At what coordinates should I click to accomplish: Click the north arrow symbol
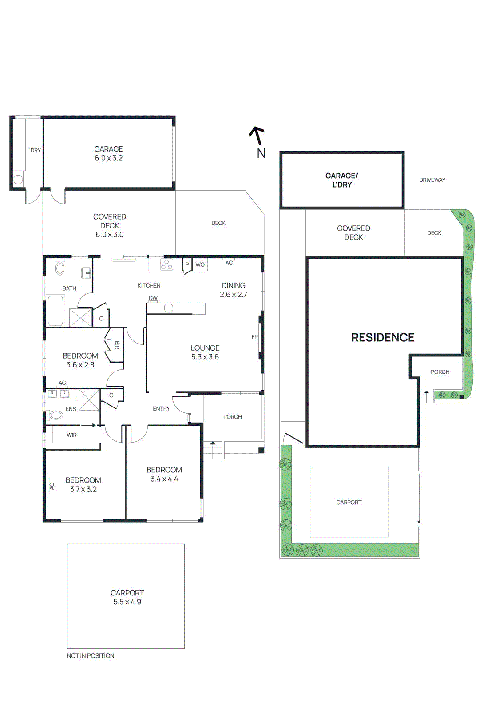[x=257, y=136]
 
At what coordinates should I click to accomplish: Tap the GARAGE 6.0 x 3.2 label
[x=108, y=153]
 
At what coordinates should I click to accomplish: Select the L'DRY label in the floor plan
[x=34, y=150]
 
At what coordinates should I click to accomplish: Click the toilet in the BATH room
[x=60, y=268]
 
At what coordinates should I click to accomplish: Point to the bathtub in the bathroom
[x=56, y=310]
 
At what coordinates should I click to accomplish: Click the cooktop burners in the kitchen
[x=166, y=264]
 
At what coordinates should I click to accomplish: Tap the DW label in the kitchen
[x=153, y=298]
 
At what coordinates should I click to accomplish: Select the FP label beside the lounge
[x=254, y=336]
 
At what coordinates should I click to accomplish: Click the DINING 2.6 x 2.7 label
[x=234, y=290]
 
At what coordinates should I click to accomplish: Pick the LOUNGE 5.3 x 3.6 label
[x=205, y=352]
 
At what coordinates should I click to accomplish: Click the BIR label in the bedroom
[x=117, y=345]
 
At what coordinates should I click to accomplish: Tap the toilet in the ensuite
[x=56, y=415]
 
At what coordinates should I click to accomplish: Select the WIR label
[x=71, y=435]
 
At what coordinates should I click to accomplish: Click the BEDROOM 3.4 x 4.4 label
[x=164, y=474]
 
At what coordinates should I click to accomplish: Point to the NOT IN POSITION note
[x=91, y=655]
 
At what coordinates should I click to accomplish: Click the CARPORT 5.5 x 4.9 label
[x=127, y=597]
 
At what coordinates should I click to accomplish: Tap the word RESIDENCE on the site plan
[x=383, y=337]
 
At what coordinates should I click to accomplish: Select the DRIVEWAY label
[x=432, y=180]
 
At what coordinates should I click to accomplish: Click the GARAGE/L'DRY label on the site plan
[x=341, y=180]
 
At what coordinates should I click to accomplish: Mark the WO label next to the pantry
[x=200, y=264]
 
